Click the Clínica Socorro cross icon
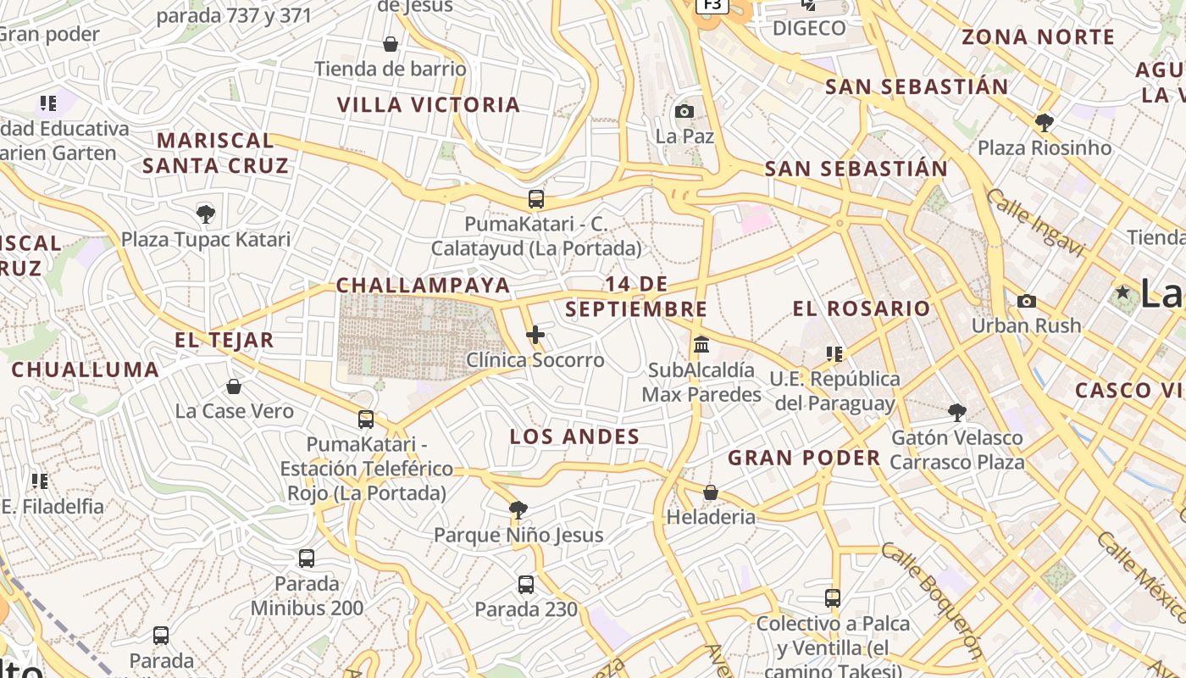tap(535, 336)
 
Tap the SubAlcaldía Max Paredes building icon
tap(701, 345)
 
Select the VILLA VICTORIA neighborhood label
tap(429, 105)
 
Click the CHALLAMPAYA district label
tap(424, 286)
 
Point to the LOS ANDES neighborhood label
tap(574, 436)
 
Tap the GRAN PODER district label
tap(804, 458)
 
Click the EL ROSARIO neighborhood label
tap(862, 308)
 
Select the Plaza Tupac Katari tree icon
tap(205, 214)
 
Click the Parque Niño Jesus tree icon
tap(518, 509)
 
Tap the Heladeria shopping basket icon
tap(711, 492)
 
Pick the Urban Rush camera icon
tap(1026, 301)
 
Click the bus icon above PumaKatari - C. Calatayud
tap(535, 199)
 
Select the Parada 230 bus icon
tap(526, 584)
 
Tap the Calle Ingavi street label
tap(1035, 222)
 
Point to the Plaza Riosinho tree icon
tap(1044, 123)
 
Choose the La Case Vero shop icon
tap(234, 386)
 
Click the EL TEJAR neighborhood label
tap(224, 341)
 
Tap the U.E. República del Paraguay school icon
tap(834, 353)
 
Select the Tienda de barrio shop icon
tap(391, 44)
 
